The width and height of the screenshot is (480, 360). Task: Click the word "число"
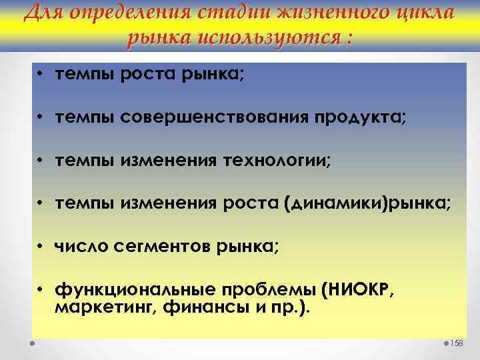point(79,248)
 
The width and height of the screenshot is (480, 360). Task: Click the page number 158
point(457,343)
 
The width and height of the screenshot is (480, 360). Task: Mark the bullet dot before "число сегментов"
point(41,248)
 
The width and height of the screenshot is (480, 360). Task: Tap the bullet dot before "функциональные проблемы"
point(41,291)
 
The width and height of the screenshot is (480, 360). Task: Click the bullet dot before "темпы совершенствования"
point(41,117)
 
